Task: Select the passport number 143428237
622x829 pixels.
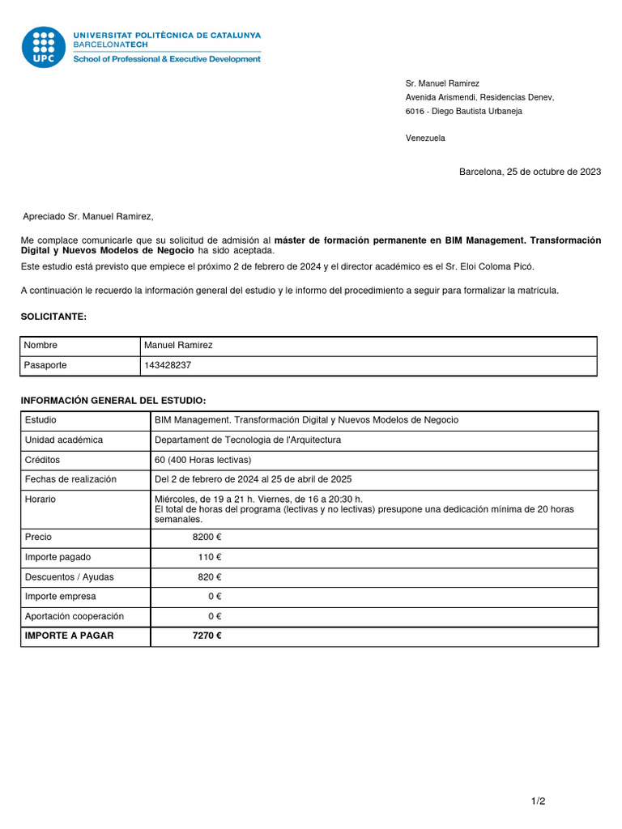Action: click(168, 365)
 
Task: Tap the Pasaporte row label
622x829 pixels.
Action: click(45, 365)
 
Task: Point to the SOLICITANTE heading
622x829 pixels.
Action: click(53, 317)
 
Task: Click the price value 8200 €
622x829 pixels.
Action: click(207, 538)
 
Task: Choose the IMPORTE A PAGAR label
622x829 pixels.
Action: click(69, 636)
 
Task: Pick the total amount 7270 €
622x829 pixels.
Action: click(207, 636)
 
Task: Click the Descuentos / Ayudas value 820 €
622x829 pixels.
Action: click(210, 577)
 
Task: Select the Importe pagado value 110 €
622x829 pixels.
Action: click(210, 557)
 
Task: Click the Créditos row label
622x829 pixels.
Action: click(43, 460)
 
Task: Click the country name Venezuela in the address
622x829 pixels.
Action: click(425, 138)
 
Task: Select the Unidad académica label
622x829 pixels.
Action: click(64, 440)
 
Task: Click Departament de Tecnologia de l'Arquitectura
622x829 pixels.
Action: click(248, 440)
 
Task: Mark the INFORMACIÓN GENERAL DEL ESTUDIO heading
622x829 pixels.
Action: click(113, 401)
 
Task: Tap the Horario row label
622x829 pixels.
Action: click(40, 500)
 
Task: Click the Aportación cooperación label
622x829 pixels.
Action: click(75, 616)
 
